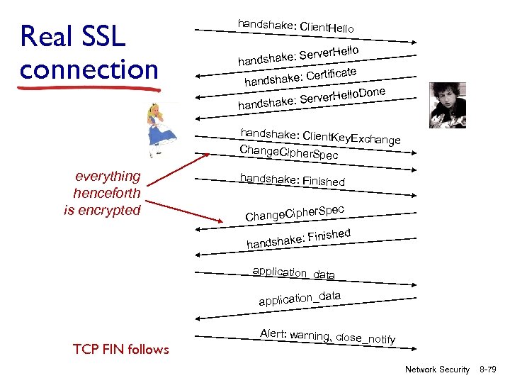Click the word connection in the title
[89, 70]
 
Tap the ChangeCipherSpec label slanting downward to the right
[288, 152]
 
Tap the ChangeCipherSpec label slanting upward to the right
[295, 211]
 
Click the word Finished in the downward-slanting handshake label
[323, 181]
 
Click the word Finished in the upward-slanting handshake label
[329, 236]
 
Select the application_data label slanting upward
[299, 298]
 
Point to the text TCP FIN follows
[121, 349]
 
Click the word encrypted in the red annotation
[113, 210]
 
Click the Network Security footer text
[436, 370]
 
